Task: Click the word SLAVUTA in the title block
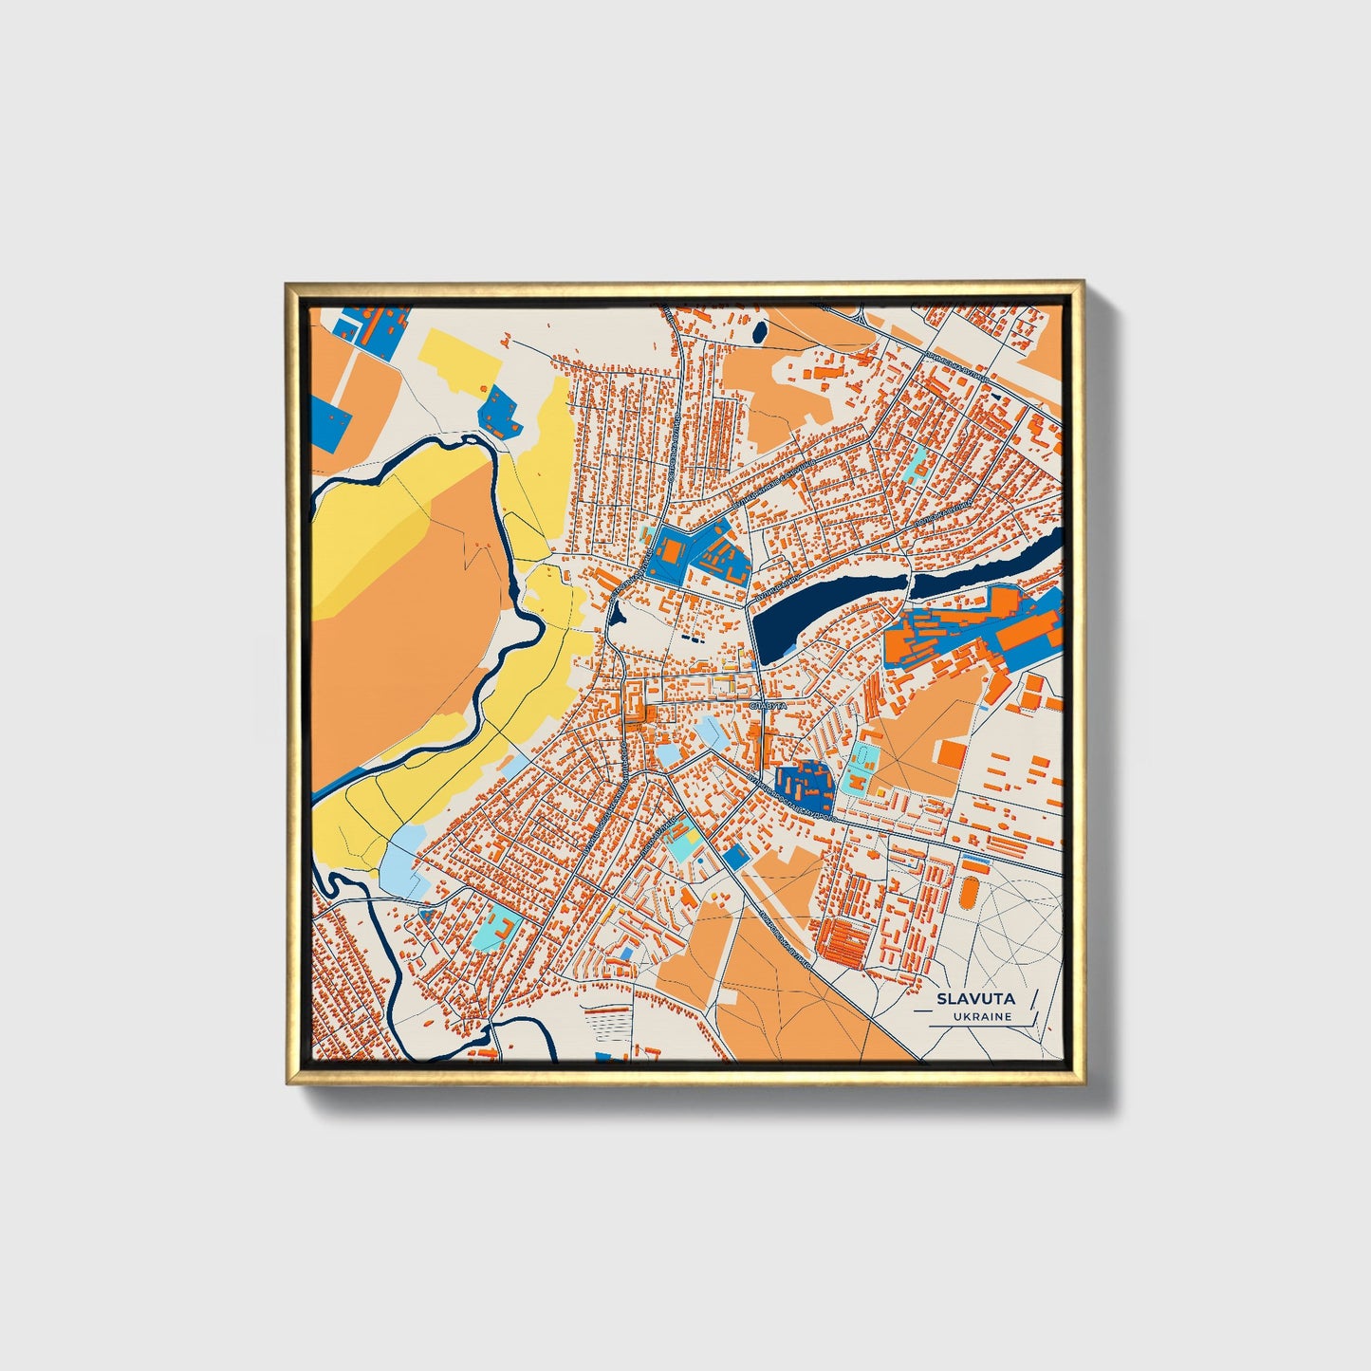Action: tap(975, 998)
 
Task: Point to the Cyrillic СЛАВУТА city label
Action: tap(768, 707)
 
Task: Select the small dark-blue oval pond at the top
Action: tap(759, 331)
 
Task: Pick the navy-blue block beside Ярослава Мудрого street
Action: tap(803, 784)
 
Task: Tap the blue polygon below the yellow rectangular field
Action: tap(497, 411)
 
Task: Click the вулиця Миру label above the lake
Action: tap(784, 580)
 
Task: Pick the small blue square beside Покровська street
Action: tap(734, 856)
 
